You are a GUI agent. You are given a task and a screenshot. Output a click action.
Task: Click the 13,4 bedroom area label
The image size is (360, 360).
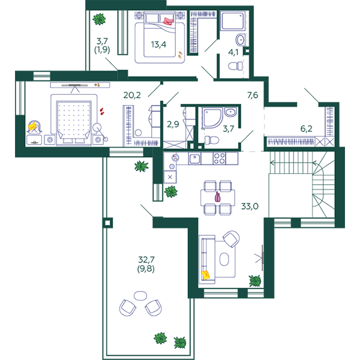click(x=158, y=44)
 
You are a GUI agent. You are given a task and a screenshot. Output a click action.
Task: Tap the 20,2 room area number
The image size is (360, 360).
click(x=132, y=95)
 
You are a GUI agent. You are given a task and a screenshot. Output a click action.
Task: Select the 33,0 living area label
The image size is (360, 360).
click(x=250, y=206)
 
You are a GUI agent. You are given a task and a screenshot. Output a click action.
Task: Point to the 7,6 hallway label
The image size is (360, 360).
click(x=253, y=95)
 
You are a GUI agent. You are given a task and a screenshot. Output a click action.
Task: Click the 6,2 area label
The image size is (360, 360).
click(x=306, y=128)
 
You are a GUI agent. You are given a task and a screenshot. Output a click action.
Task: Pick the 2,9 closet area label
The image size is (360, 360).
click(x=173, y=124)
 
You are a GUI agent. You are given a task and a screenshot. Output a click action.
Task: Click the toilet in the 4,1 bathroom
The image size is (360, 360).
click(x=235, y=66)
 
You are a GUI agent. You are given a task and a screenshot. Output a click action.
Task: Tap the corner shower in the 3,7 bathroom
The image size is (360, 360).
click(x=212, y=118)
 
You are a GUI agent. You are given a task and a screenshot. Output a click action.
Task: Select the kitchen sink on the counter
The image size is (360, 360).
click(x=194, y=158)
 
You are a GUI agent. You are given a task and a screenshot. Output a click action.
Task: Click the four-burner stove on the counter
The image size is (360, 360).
click(x=219, y=158)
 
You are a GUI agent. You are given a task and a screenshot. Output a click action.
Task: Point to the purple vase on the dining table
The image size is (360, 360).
click(x=218, y=197)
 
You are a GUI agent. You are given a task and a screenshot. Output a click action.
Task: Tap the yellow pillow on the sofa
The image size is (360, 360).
click(x=205, y=275)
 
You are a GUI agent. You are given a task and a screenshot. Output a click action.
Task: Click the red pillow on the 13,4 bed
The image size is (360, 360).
click(x=168, y=20)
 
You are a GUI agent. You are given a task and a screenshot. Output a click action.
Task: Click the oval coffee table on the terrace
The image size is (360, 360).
click(x=140, y=296)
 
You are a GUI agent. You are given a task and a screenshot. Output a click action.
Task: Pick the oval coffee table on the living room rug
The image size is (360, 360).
click(x=224, y=259)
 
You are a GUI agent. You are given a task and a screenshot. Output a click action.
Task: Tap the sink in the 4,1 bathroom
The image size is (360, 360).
click(x=241, y=40)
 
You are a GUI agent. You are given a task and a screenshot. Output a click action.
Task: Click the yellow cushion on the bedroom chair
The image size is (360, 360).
click(x=32, y=127)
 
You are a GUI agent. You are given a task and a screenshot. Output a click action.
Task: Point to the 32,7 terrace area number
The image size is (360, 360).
click(x=146, y=260)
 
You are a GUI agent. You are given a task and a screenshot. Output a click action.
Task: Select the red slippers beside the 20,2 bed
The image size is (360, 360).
click(x=102, y=112)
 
